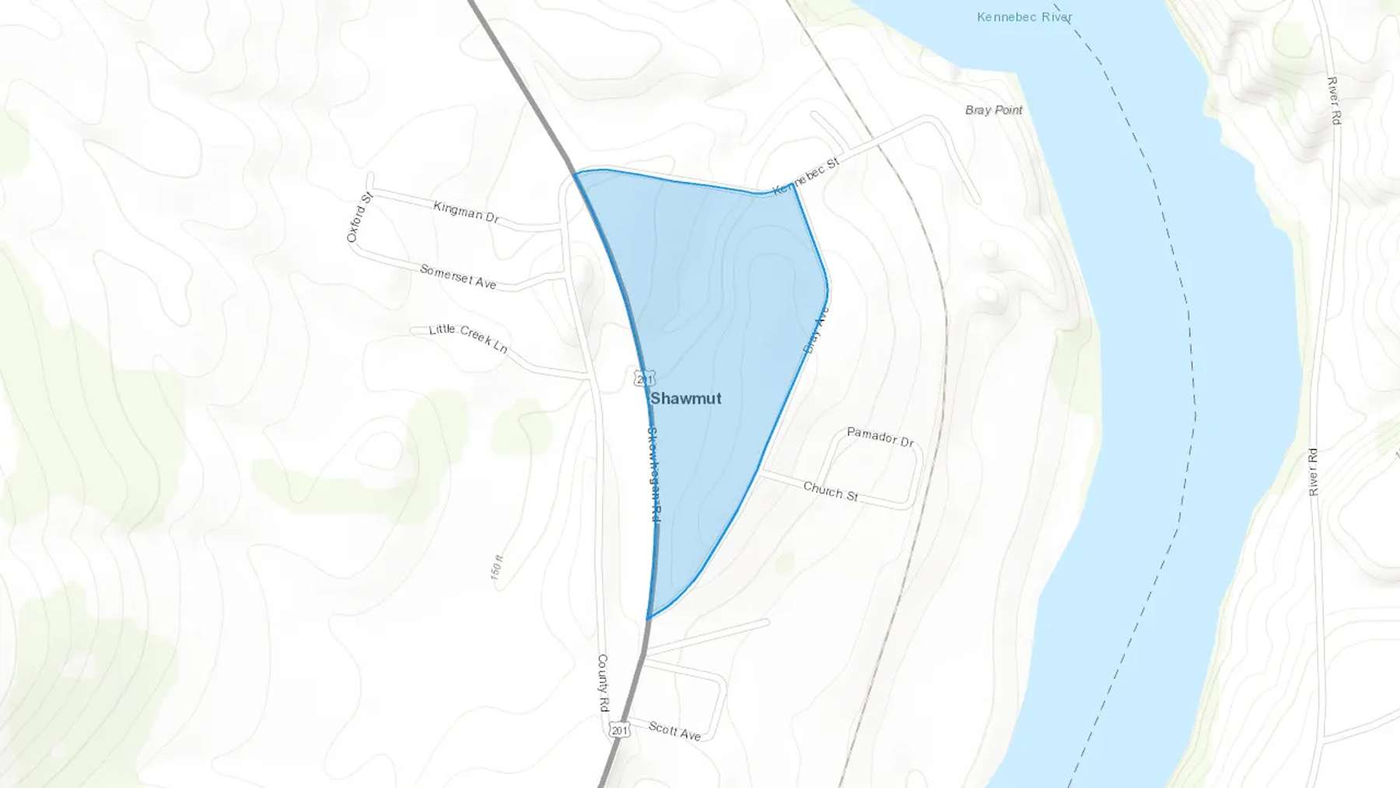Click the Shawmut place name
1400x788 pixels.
coord(685,398)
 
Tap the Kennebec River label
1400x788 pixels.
coord(1024,16)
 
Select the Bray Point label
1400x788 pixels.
coord(993,110)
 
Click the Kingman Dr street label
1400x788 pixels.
coord(466,211)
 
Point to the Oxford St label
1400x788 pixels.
coord(360,218)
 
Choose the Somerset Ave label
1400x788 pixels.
coord(457,276)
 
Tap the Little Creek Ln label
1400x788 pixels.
coord(468,338)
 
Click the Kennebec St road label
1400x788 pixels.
coord(806,176)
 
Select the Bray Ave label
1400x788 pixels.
coord(816,331)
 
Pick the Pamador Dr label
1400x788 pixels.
coord(880,436)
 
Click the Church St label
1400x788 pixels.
coord(830,491)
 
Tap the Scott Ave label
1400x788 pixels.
coord(674,731)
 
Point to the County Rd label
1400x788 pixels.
coord(603,683)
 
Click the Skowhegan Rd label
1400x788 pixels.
coord(654,475)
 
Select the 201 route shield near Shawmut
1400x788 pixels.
coord(644,379)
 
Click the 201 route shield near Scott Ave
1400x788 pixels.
coord(619,730)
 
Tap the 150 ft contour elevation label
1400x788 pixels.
coord(497,566)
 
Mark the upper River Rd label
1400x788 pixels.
coord(1334,100)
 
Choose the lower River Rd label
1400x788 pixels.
coord(1313,471)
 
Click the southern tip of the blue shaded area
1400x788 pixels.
coord(648,618)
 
